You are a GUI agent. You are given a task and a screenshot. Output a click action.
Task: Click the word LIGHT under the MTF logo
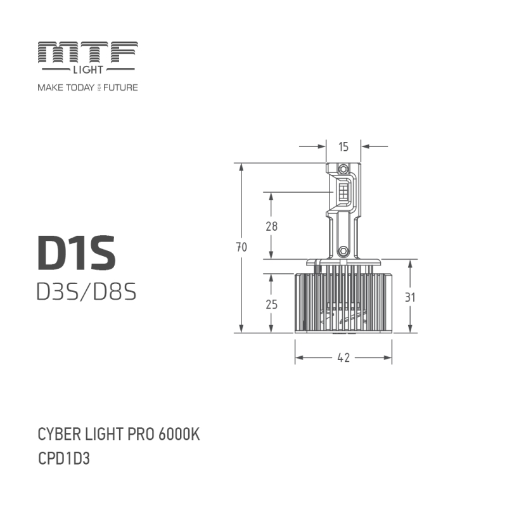pyautogui.click(x=87, y=69)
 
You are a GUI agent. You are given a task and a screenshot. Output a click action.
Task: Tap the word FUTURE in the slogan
pyautogui.click(x=120, y=87)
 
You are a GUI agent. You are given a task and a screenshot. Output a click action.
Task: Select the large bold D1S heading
pyautogui.click(x=76, y=252)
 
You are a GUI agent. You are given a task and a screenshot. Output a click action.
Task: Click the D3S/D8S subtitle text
pyautogui.click(x=87, y=292)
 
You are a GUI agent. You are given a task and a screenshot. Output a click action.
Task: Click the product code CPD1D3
pyautogui.click(x=64, y=458)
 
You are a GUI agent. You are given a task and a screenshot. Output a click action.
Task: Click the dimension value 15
pyautogui.click(x=343, y=147)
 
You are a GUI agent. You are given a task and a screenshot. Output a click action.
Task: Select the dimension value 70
pyautogui.click(x=241, y=248)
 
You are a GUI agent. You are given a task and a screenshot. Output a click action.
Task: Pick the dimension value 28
pyautogui.click(x=272, y=226)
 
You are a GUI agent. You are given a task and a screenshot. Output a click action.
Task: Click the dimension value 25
pyautogui.click(x=272, y=304)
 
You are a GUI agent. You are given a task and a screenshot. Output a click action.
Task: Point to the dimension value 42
pyautogui.click(x=343, y=358)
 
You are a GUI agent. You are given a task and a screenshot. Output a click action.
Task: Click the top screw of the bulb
pyautogui.click(x=343, y=169)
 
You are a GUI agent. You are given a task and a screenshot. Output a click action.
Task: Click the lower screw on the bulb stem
pyautogui.click(x=343, y=252)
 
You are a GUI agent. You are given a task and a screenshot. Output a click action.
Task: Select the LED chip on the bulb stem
pyautogui.click(x=343, y=191)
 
